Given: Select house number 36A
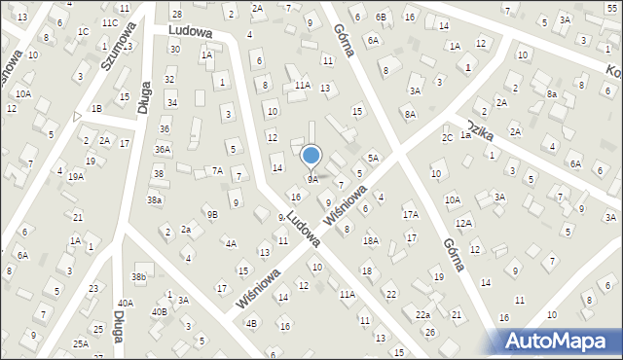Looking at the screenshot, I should (x=163, y=149).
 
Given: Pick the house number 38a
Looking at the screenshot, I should (x=154, y=199).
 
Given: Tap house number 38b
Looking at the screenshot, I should (x=139, y=277).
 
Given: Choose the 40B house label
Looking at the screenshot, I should (x=159, y=312).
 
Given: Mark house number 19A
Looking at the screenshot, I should (x=75, y=176).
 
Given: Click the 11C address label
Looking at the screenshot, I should (x=109, y=22).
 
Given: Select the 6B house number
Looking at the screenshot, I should (x=381, y=17).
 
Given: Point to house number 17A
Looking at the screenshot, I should (x=410, y=214).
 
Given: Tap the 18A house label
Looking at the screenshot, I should (x=370, y=240).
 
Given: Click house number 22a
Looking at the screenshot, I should (x=422, y=315).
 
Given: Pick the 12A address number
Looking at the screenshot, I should (x=463, y=224).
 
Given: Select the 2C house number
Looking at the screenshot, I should (x=447, y=137).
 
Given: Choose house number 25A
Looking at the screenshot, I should (x=80, y=343).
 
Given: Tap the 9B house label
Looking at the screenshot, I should (x=211, y=214).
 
